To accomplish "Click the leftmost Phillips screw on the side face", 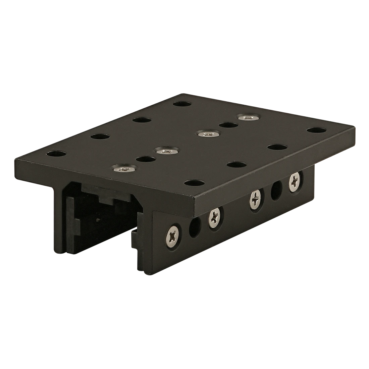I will pyautogui.click(x=174, y=235).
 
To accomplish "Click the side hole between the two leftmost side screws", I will pyautogui.click(x=194, y=228).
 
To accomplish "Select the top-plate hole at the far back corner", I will pyautogui.click(x=183, y=104).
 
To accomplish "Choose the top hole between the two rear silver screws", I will pyautogui.click(x=228, y=125).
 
